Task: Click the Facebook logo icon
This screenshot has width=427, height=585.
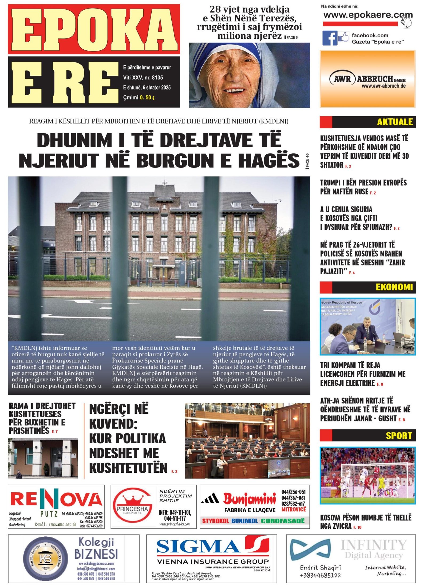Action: [x=330, y=38]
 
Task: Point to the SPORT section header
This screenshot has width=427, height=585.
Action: [x=399, y=436]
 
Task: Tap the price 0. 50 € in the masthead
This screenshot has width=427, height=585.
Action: [x=147, y=98]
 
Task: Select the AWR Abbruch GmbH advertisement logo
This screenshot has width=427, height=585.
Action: [x=367, y=79]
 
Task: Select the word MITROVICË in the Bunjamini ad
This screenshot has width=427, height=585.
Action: [x=294, y=510]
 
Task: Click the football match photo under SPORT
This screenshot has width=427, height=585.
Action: [x=367, y=476]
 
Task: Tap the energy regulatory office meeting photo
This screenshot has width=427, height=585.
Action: [x=367, y=326]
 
